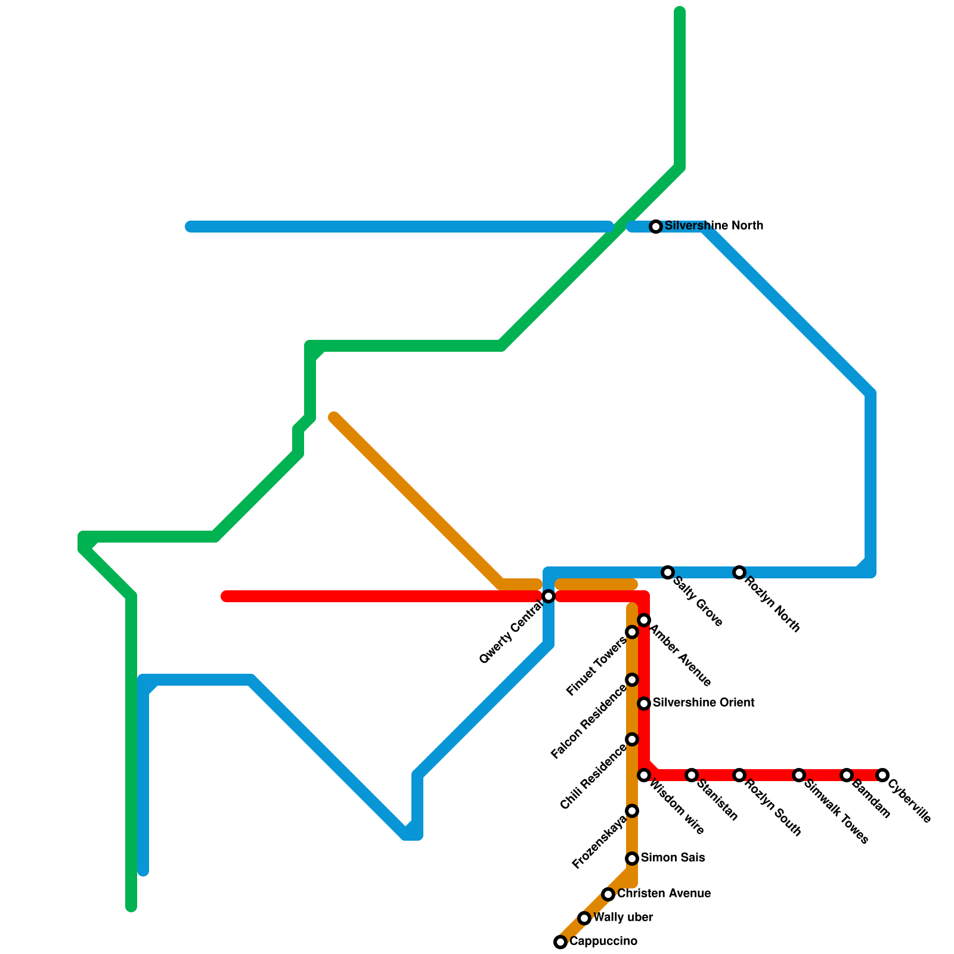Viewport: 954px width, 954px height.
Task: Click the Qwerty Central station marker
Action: [549, 596]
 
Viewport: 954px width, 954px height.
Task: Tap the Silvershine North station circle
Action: [656, 227]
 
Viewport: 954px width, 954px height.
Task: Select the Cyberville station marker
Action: [882, 775]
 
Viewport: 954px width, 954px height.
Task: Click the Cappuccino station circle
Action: [560, 942]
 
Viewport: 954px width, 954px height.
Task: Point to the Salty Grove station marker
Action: [668, 572]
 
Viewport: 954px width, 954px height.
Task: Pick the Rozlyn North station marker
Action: [739, 572]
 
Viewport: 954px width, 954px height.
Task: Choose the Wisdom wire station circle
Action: [644, 775]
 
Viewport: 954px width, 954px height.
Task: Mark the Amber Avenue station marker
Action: [644, 620]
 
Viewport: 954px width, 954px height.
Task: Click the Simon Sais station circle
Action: [632, 859]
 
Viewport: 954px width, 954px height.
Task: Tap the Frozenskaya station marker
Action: [632, 811]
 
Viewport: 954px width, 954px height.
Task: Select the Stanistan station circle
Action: [692, 775]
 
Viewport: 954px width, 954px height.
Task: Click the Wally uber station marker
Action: [584, 918]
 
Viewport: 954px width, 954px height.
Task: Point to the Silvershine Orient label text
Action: [704, 703]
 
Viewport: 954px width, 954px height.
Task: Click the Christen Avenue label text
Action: [664, 894]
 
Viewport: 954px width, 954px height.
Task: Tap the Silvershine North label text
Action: [714, 226]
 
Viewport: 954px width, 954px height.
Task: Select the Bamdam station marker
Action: [847, 775]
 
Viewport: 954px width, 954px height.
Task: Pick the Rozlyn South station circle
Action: [739, 775]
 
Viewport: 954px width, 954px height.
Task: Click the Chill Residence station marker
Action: [632, 739]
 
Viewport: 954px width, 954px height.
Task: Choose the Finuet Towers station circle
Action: [632, 632]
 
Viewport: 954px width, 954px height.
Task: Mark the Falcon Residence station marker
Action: [632, 680]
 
